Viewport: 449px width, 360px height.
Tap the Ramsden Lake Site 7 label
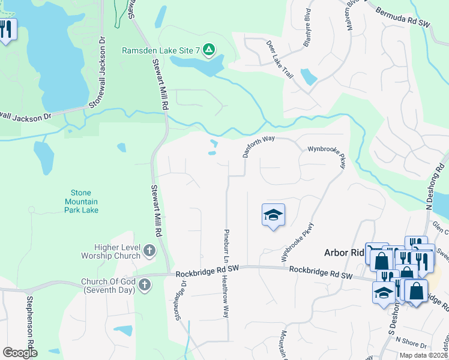click(x=160, y=50)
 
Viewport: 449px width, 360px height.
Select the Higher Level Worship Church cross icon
click(x=149, y=251)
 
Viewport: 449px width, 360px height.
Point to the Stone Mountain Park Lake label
click(x=80, y=202)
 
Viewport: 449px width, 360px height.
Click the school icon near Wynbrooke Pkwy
click(x=273, y=215)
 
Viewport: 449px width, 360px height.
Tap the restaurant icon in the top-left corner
click(x=6, y=29)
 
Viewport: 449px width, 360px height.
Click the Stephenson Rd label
click(x=29, y=318)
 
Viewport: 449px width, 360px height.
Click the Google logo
click(x=20, y=353)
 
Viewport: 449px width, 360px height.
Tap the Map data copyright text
click(x=423, y=355)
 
